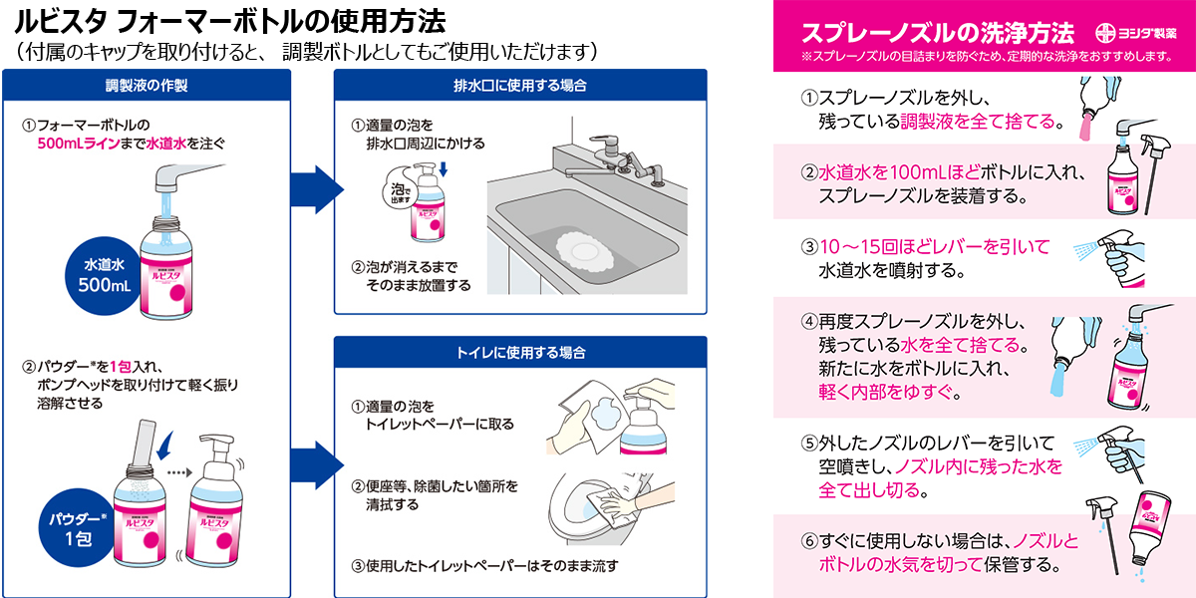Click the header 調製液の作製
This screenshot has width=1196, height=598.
point(147,85)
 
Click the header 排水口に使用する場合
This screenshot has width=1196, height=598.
point(519,85)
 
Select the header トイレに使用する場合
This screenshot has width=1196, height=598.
point(519,352)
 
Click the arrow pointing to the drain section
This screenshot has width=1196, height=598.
point(310,185)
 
